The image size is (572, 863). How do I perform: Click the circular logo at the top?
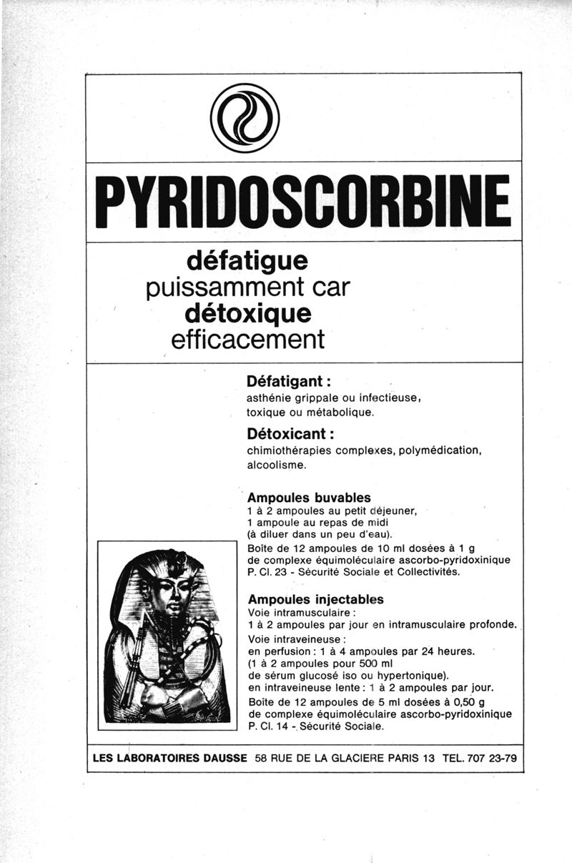(x=245, y=118)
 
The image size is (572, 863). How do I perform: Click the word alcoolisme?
(x=277, y=465)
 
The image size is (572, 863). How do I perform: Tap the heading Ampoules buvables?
(x=309, y=498)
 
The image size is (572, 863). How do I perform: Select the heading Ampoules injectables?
(x=315, y=599)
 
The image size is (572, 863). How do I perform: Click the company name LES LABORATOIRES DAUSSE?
(x=170, y=758)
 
